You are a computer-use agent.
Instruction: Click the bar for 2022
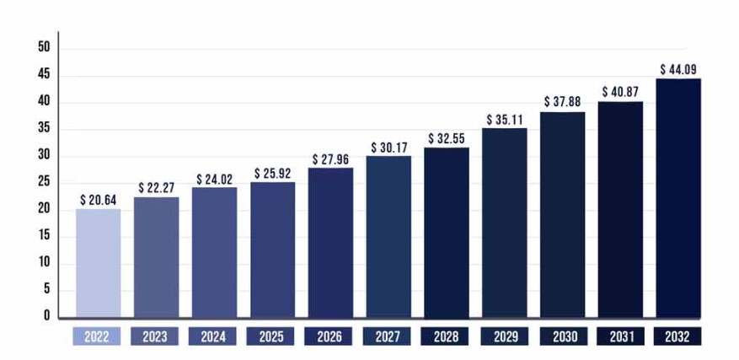tap(98, 263)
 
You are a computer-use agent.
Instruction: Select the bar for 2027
tap(388, 236)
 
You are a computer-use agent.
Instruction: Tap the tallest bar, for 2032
tap(678, 198)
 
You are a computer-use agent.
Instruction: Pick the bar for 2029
tap(504, 223)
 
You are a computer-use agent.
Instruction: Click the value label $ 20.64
tap(98, 201)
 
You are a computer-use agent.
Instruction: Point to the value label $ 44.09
tap(678, 69)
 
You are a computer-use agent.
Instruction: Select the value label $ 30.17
tap(388, 148)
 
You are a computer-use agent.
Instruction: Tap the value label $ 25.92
tap(272, 174)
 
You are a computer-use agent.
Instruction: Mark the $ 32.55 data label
tap(447, 138)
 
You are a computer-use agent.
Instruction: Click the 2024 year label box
tap(214, 336)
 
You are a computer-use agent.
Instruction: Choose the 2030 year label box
tap(562, 336)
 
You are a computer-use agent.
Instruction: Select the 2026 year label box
tap(329, 336)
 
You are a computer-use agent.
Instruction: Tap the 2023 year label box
tap(156, 336)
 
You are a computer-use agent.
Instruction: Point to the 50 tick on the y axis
tap(44, 48)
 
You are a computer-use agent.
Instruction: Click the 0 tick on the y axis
tap(47, 316)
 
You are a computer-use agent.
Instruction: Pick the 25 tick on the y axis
tap(44, 182)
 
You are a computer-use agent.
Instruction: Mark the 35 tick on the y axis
tap(44, 129)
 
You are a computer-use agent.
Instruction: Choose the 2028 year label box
tap(446, 336)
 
